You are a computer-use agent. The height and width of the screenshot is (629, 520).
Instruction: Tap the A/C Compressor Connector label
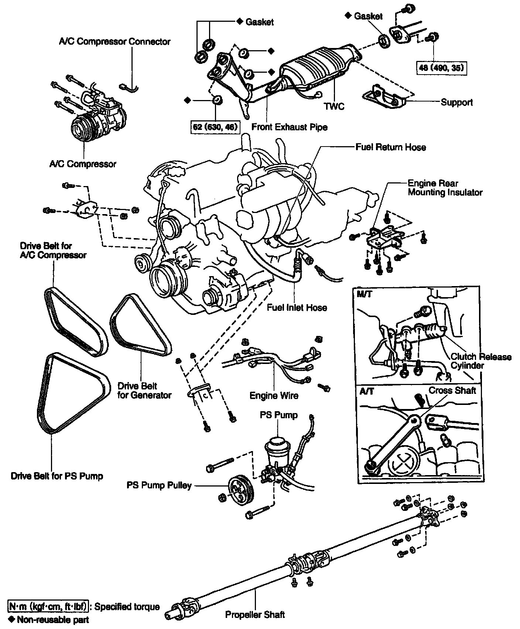point(114,41)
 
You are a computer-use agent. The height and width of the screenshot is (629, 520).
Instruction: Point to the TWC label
point(334,106)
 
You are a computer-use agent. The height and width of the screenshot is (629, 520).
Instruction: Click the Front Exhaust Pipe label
point(289,127)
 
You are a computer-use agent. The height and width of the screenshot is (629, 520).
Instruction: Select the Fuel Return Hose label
point(390,147)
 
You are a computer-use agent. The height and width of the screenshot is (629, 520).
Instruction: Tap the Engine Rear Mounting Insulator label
point(445,188)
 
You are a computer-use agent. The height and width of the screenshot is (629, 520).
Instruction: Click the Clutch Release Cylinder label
point(480,361)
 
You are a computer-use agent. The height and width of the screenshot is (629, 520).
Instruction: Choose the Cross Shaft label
point(452,390)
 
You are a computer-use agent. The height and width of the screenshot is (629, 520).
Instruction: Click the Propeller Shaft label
point(255,615)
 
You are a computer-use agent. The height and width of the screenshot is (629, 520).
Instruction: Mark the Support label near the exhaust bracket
point(456,102)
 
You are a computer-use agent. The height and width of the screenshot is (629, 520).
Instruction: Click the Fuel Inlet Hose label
point(297,307)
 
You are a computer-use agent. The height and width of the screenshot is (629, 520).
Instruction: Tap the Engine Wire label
point(274,396)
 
